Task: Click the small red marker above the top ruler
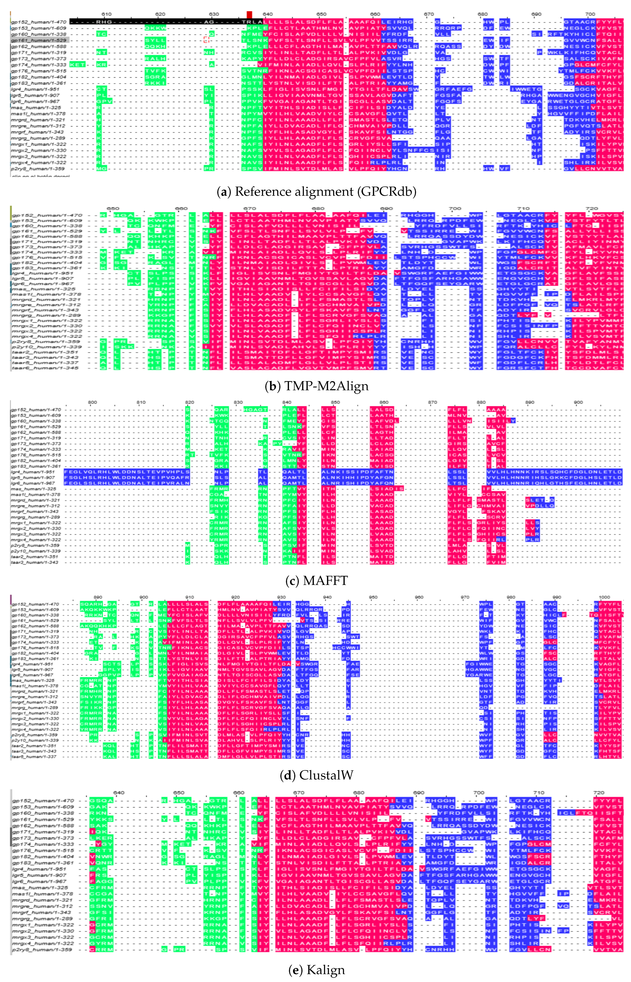pyautogui.click(x=249, y=14)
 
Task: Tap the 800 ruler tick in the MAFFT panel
pyautogui.click(x=93, y=402)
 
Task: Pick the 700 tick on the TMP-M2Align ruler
pyautogui.click(x=455, y=208)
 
